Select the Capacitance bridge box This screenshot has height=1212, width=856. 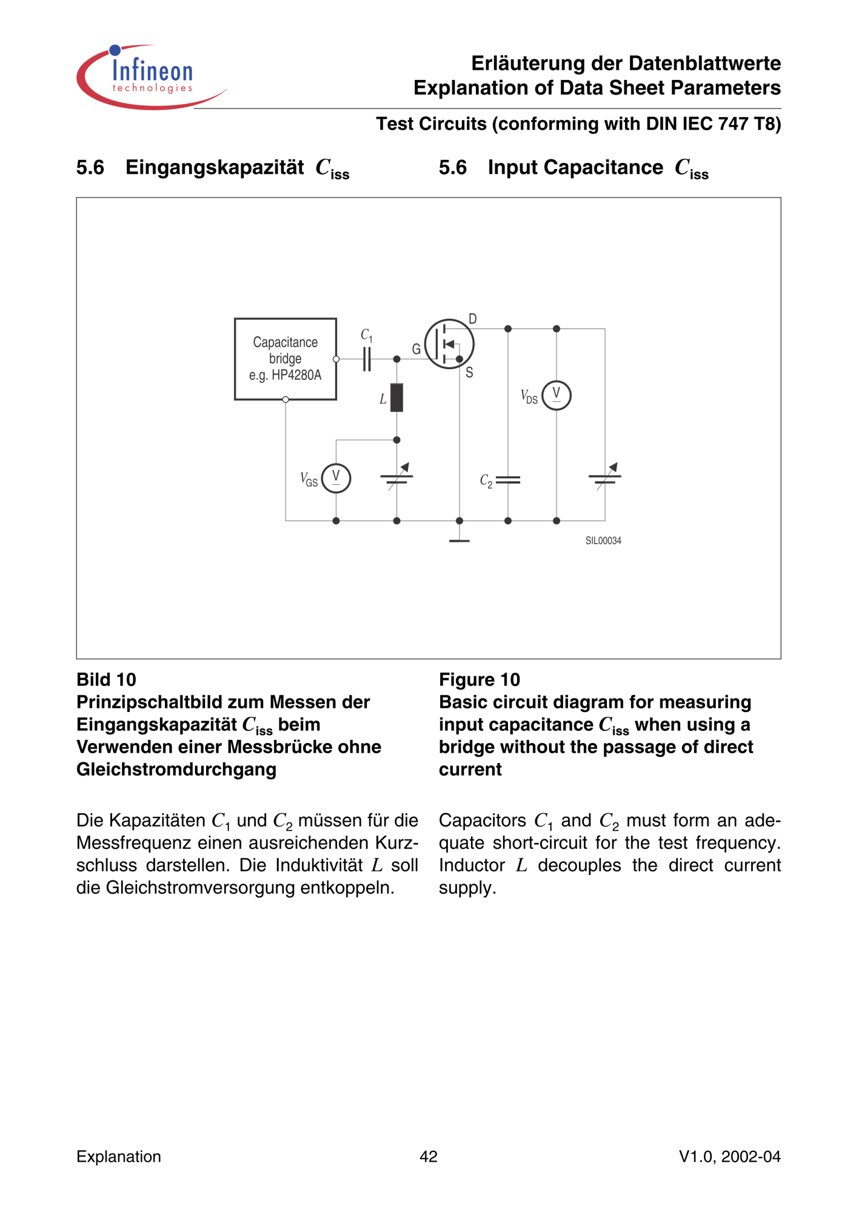pyautogui.click(x=285, y=359)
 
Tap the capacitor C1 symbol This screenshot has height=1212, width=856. pyautogui.click(x=367, y=359)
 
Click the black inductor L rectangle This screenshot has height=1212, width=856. pyautogui.click(x=397, y=398)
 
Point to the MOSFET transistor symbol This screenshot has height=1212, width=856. pyautogui.click(x=449, y=344)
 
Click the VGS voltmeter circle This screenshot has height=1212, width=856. pyautogui.click(x=336, y=478)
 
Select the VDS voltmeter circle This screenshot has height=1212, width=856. pyautogui.click(x=556, y=395)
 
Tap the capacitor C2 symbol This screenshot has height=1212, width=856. pyautogui.click(x=508, y=480)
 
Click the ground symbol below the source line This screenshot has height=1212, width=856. pyautogui.click(x=460, y=539)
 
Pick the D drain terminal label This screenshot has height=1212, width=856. pyautogui.click(x=473, y=319)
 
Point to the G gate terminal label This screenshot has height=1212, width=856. pyautogui.click(x=416, y=349)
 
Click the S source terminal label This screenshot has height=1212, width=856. pyautogui.click(x=469, y=373)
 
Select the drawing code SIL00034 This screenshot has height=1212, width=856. pyautogui.click(x=603, y=541)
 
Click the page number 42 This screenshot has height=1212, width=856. pyautogui.click(x=428, y=1156)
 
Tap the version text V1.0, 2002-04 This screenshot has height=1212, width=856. pyautogui.click(x=729, y=1156)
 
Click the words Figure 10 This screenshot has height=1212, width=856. pyautogui.click(x=480, y=679)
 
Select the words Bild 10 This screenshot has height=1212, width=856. pyautogui.click(x=107, y=679)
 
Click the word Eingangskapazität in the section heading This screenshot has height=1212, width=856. pyautogui.click(x=215, y=167)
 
